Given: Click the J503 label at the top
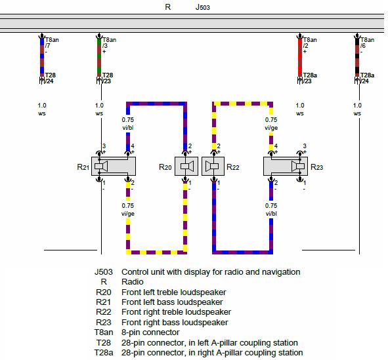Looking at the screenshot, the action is [x=202, y=7].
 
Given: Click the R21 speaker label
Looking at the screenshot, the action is [x=83, y=167].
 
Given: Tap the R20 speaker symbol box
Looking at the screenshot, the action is [x=186, y=167].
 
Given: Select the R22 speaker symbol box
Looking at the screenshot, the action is [x=213, y=167].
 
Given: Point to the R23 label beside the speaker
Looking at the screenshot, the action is [x=316, y=167].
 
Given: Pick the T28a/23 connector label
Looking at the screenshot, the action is [x=310, y=78].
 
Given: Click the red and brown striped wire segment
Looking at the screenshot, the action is [x=300, y=57].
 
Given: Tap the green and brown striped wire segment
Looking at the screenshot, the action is [x=99, y=57].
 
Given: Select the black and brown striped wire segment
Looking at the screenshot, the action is [x=357, y=57].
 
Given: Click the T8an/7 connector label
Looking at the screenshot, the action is [x=52, y=45].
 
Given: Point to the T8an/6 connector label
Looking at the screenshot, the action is [x=367, y=45].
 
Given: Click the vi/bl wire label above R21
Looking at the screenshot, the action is [x=128, y=128].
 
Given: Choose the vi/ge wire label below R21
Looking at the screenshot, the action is [x=128, y=214].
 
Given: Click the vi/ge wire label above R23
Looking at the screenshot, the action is [x=271, y=128].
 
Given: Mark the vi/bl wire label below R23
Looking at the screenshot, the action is [x=271, y=214].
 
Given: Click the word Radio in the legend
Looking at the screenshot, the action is [x=133, y=282].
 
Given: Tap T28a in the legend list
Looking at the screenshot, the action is [x=104, y=353].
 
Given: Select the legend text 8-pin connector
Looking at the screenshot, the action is [x=150, y=332].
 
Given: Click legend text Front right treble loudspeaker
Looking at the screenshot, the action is [x=176, y=312].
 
